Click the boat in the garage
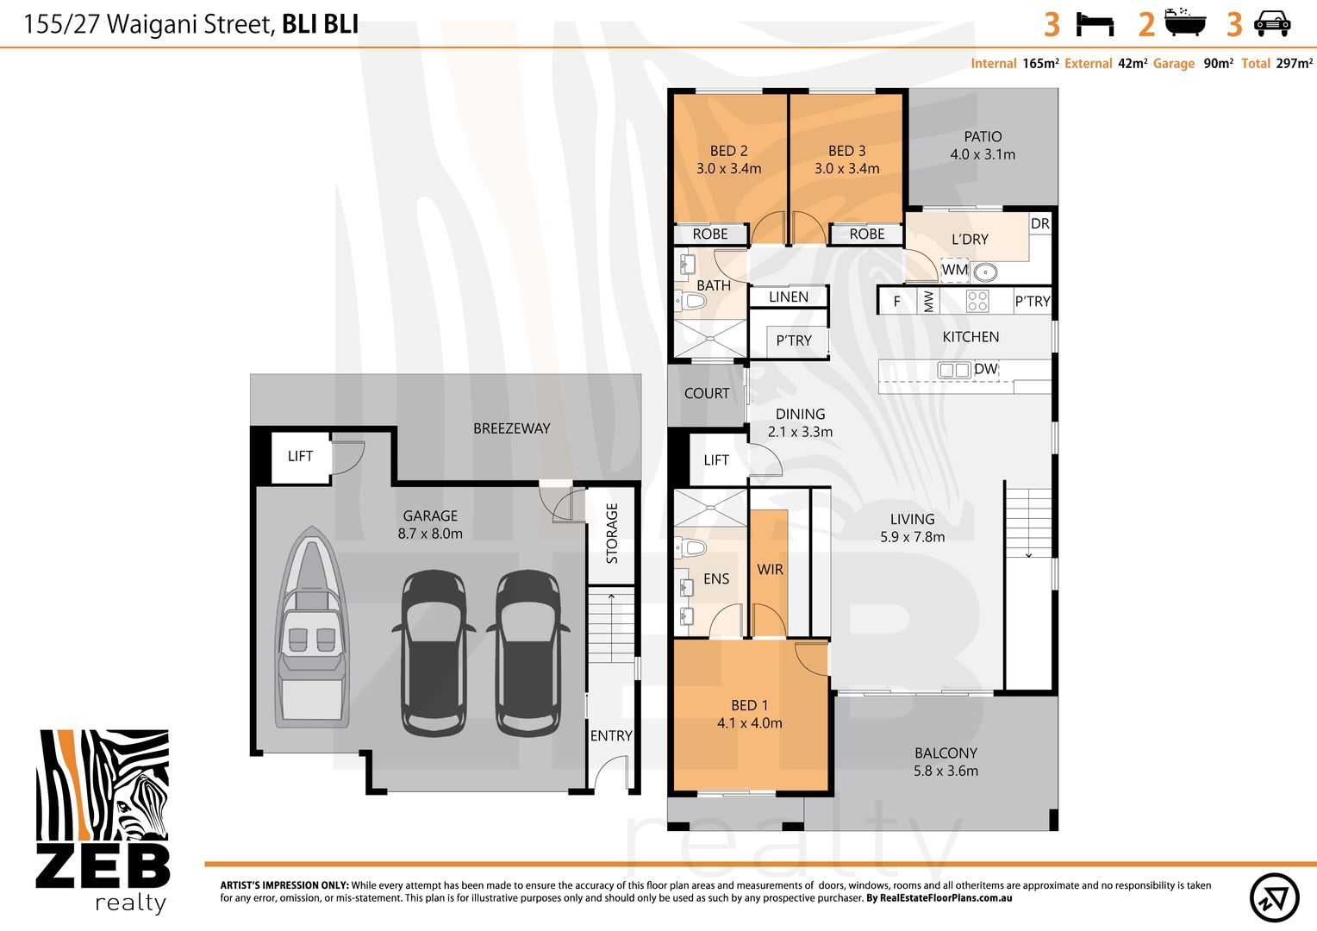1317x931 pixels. [312, 628]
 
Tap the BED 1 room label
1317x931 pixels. [749, 704]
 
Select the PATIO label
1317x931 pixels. [983, 136]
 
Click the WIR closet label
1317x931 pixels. [770, 569]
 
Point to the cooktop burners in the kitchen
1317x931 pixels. [977, 301]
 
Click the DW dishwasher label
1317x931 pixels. [985, 369]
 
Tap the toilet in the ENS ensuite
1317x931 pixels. [691, 548]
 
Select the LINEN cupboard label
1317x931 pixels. [789, 297]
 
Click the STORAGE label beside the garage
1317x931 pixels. [611, 534]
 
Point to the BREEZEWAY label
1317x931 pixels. [511, 428]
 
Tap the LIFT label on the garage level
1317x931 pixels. [300, 456]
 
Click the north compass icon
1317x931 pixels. [1274, 897]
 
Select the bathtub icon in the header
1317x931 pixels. [1185, 22]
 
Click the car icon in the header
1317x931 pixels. [1272, 24]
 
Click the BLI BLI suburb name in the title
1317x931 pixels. [321, 24]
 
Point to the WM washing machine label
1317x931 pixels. [954, 269]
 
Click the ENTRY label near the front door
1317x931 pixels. [611, 735]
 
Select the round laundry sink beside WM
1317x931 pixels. [985, 272]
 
